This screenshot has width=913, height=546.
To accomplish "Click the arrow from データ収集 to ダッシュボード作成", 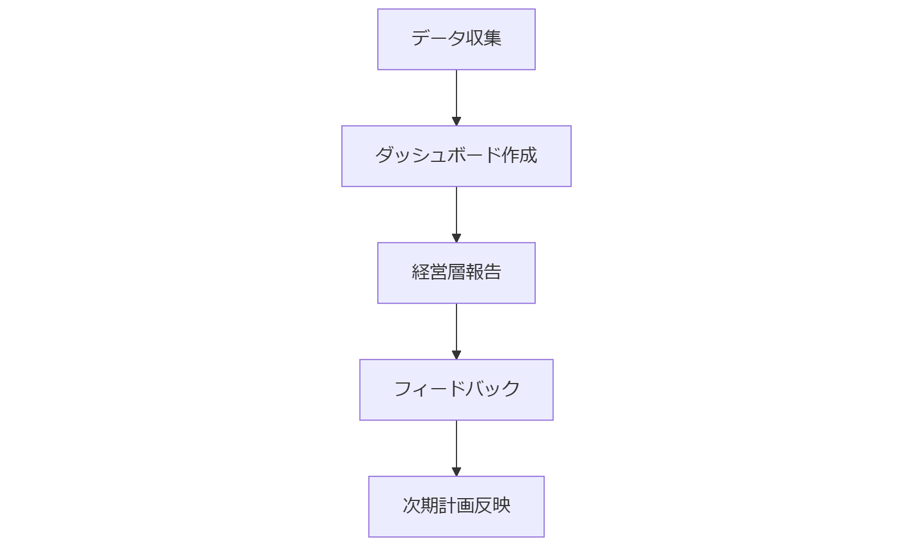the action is click(x=456, y=94).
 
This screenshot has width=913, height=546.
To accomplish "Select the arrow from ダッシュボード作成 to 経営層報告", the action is click(x=456, y=211).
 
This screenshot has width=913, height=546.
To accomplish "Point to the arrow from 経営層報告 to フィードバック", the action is click(x=456, y=328).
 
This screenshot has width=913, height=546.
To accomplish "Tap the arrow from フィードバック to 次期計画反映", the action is click(x=456, y=445).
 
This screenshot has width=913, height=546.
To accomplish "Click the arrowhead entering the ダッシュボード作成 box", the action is click(x=456, y=121).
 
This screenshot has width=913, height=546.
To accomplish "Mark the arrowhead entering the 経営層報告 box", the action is click(x=456, y=238).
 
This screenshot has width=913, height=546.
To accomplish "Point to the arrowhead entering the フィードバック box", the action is click(x=456, y=355).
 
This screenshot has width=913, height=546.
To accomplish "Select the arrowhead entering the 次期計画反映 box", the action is click(x=456, y=472).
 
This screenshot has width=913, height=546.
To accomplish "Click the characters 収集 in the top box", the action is click(x=483, y=38).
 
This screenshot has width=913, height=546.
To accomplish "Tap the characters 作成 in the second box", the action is click(x=519, y=155).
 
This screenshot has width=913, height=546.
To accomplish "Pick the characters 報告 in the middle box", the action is click(x=483, y=272).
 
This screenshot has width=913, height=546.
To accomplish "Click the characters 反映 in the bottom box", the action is click(x=492, y=506).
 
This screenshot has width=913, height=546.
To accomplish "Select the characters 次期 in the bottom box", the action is click(x=420, y=506).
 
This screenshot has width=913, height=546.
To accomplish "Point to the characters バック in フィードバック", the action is click(x=492, y=389).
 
